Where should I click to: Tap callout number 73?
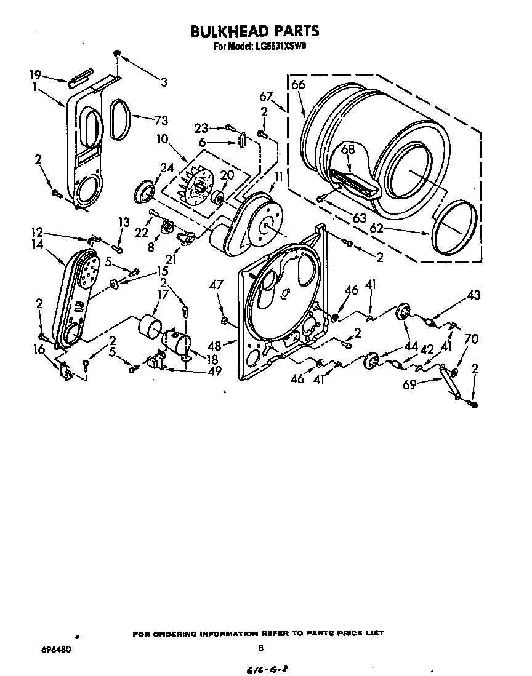click(161, 121)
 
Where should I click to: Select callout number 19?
click(35, 75)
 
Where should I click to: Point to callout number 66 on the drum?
click(298, 85)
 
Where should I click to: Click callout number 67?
click(266, 96)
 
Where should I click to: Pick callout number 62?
click(377, 228)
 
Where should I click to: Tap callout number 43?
click(474, 296)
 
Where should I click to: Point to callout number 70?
click(471, 339)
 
